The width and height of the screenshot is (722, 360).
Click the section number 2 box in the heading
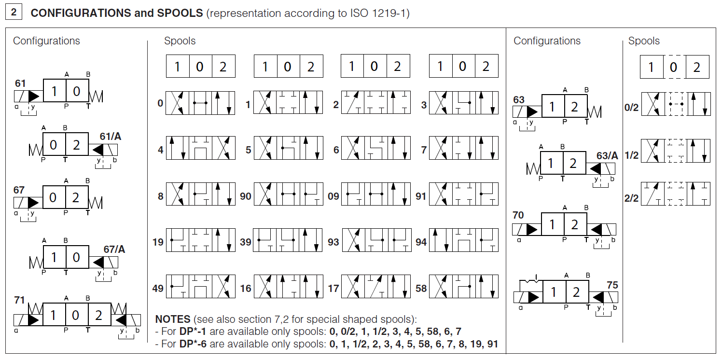14,13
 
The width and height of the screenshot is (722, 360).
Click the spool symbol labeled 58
463,288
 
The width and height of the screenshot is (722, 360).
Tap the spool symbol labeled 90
288,194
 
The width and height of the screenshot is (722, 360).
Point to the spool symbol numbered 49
200,288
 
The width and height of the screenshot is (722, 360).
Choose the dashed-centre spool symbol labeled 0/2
675,103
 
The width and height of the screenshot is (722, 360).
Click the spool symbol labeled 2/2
675,194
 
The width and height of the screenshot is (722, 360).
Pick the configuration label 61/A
111,137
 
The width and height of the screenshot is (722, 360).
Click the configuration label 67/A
114,249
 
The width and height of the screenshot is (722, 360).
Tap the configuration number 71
19,300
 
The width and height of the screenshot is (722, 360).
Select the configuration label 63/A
607,155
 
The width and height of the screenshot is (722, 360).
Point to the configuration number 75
612,285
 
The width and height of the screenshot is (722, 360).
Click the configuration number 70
518,215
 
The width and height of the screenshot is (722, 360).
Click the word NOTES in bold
172,319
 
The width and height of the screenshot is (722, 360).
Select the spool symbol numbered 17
375,288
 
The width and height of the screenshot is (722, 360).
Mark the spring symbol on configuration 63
594,112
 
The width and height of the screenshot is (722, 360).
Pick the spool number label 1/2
631,155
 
